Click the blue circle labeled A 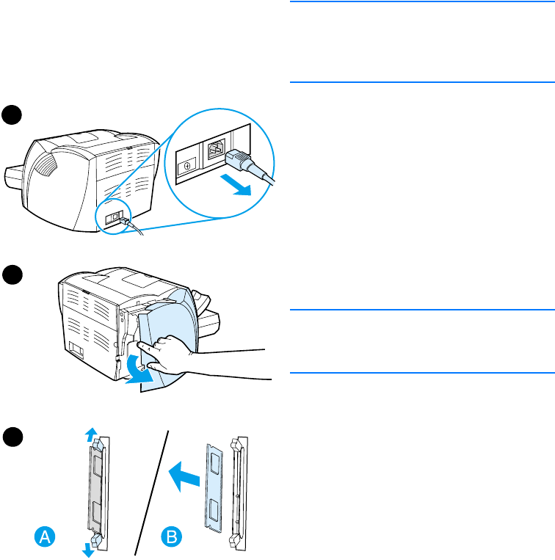pos(45,537)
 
